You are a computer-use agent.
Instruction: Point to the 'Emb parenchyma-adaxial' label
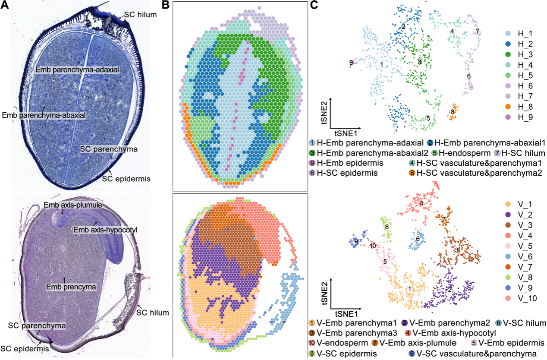(x=77, y=69)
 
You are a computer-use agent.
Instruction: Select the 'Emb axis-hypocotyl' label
(x=105, y=230)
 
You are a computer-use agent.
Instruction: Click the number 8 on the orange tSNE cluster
(x=452, y=112)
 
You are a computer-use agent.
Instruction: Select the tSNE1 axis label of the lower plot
(x=346, y=312)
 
